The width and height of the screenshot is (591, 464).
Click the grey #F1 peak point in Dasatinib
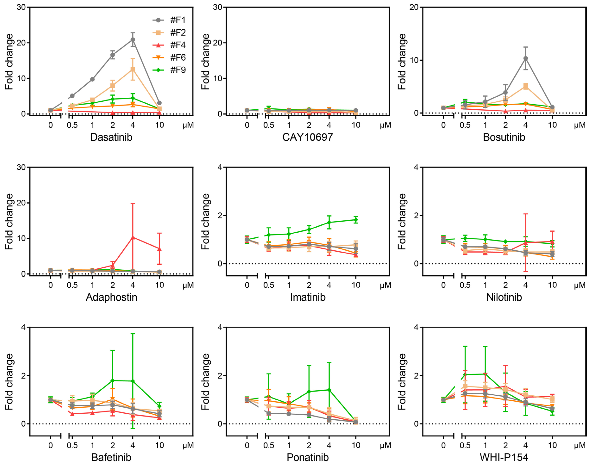click(133, 40)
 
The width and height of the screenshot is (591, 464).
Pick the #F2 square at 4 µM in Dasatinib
click(133, 69)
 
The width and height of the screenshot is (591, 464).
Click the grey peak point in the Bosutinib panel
click(525, 58)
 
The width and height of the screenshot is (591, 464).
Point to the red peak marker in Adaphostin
click(133, 237)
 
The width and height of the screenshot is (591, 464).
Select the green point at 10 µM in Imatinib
click(356, 220)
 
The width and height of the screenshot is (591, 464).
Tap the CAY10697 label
click(308, 137)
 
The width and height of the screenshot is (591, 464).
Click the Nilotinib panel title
click(504, 297)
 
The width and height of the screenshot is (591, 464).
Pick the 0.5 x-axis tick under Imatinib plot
click(269, 285)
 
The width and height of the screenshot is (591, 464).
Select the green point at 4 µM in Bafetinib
click(133, 381)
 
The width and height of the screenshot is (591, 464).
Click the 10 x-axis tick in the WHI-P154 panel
click(552, 445)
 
